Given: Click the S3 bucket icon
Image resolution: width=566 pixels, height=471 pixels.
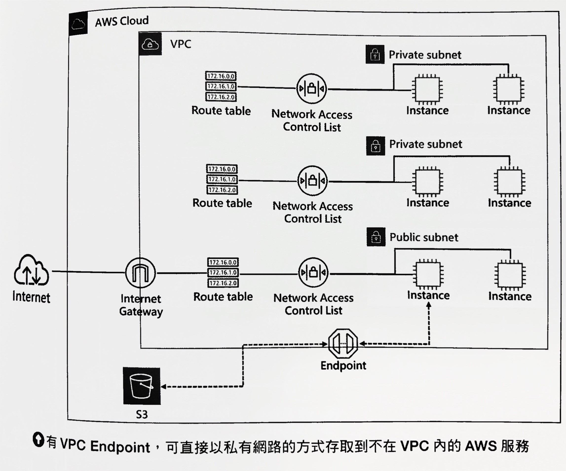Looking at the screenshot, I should click(142, 386).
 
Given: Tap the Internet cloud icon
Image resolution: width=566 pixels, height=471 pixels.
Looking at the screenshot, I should click(31, 270).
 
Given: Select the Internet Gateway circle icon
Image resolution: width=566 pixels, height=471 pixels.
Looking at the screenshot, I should click(140, 273).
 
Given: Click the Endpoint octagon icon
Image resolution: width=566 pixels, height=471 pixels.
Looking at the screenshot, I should click(343, 344).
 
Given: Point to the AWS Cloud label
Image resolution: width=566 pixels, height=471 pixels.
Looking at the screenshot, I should click(122, 21).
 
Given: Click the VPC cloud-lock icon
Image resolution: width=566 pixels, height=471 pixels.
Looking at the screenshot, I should click(150, 44).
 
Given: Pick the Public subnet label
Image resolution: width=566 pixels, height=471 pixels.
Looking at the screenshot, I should click(424, 237).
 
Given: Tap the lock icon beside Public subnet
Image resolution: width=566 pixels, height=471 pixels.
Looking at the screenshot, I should click(376, 237).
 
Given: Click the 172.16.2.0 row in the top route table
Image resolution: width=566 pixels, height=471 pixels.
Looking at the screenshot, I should click(221, 97).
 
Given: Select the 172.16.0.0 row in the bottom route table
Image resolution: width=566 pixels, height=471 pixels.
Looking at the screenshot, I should click(223, 262).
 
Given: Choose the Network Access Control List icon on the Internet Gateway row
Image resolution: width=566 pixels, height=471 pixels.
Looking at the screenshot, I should click(313, 273).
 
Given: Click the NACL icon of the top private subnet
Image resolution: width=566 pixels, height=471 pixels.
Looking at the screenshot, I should click(312, 88).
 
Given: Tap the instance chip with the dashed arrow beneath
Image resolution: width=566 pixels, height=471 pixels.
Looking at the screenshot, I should click(428, 275).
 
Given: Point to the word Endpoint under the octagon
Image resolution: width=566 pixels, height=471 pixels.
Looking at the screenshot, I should click(343, 365).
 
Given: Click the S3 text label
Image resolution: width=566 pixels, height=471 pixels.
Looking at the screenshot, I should click(142, 414).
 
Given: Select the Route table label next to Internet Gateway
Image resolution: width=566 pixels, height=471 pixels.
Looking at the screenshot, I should click(223, 296).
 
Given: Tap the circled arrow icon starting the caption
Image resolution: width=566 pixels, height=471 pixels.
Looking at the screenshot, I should click(38, 439).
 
